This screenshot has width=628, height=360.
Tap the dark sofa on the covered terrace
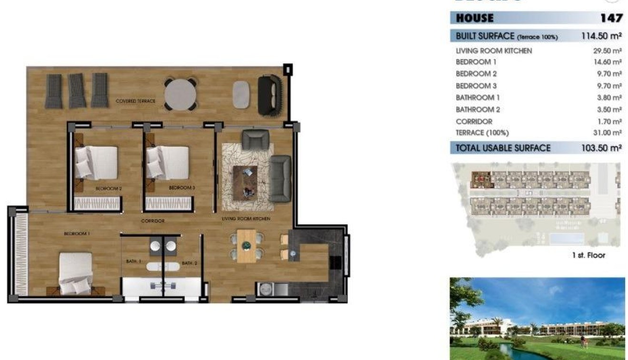tap(270, 95)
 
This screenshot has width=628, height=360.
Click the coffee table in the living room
tap(245, 182)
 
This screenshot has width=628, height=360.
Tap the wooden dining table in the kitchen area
tap(246, 246)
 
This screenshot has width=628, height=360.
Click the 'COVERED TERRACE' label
tap(136, 101)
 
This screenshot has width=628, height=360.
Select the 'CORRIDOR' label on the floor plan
tap(153, 221)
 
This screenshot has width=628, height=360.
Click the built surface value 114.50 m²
tap(601, 36)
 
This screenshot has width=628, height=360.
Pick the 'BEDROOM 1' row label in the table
tap(476, 62)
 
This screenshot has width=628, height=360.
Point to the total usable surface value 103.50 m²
tap(601, 148)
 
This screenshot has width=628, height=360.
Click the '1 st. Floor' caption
tap(588, 255)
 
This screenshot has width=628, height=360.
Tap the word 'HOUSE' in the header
tap(475, 18)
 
